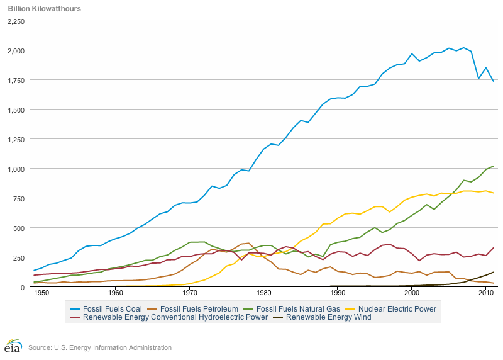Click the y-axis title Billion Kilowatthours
pos(44,9)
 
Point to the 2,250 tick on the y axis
pos(16,21)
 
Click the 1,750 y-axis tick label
pos(16,80)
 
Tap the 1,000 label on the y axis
pos(16,169)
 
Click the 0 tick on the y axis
pos(23,287)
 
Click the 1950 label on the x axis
pos(41,294)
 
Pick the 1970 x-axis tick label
pos(189,294)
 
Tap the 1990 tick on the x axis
pos(338,294)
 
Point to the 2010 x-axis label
pos(485,294)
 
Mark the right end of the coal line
pos(494,81)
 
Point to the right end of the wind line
pos(494,272)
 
